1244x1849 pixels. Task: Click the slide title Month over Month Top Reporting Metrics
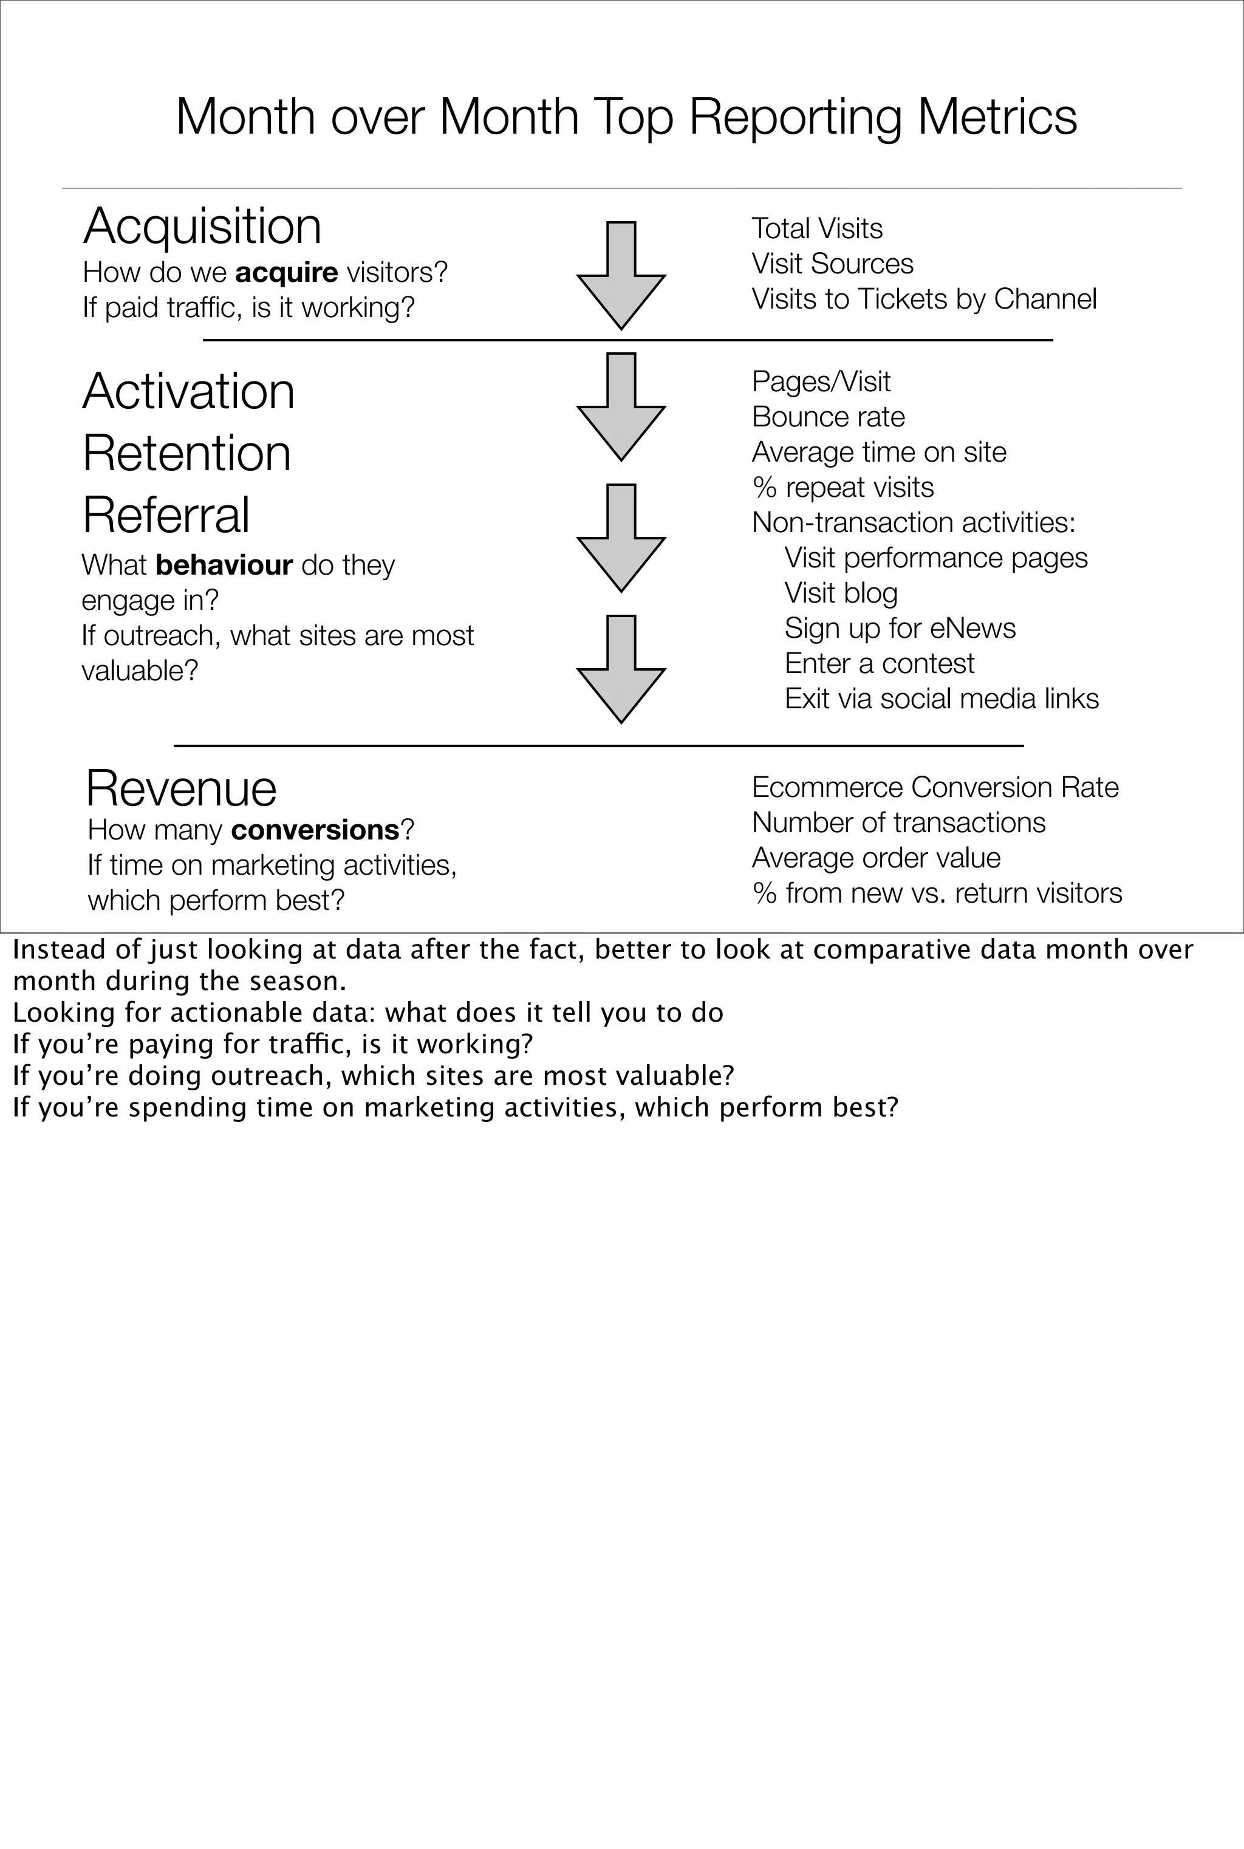point(626,117)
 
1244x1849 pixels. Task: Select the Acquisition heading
point(202,226)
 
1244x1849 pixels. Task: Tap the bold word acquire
point(287,272)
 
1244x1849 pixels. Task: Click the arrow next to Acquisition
point(621,275)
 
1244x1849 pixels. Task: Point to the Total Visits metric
point(816,228)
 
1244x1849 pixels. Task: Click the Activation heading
point(189,391)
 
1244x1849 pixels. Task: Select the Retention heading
point(186,453)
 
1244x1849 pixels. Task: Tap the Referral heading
point(166,515)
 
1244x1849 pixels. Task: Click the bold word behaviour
point(225,565)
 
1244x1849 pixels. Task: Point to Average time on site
point(878,452)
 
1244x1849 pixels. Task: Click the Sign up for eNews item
point(900,628)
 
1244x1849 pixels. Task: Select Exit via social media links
point(941,699)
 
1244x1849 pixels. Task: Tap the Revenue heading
point(182,788)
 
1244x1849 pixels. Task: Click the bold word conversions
point(315,830)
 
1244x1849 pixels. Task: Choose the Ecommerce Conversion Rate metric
point(935,788)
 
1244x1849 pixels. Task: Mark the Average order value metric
point(876,858)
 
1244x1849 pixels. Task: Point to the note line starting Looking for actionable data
point(367,1013)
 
